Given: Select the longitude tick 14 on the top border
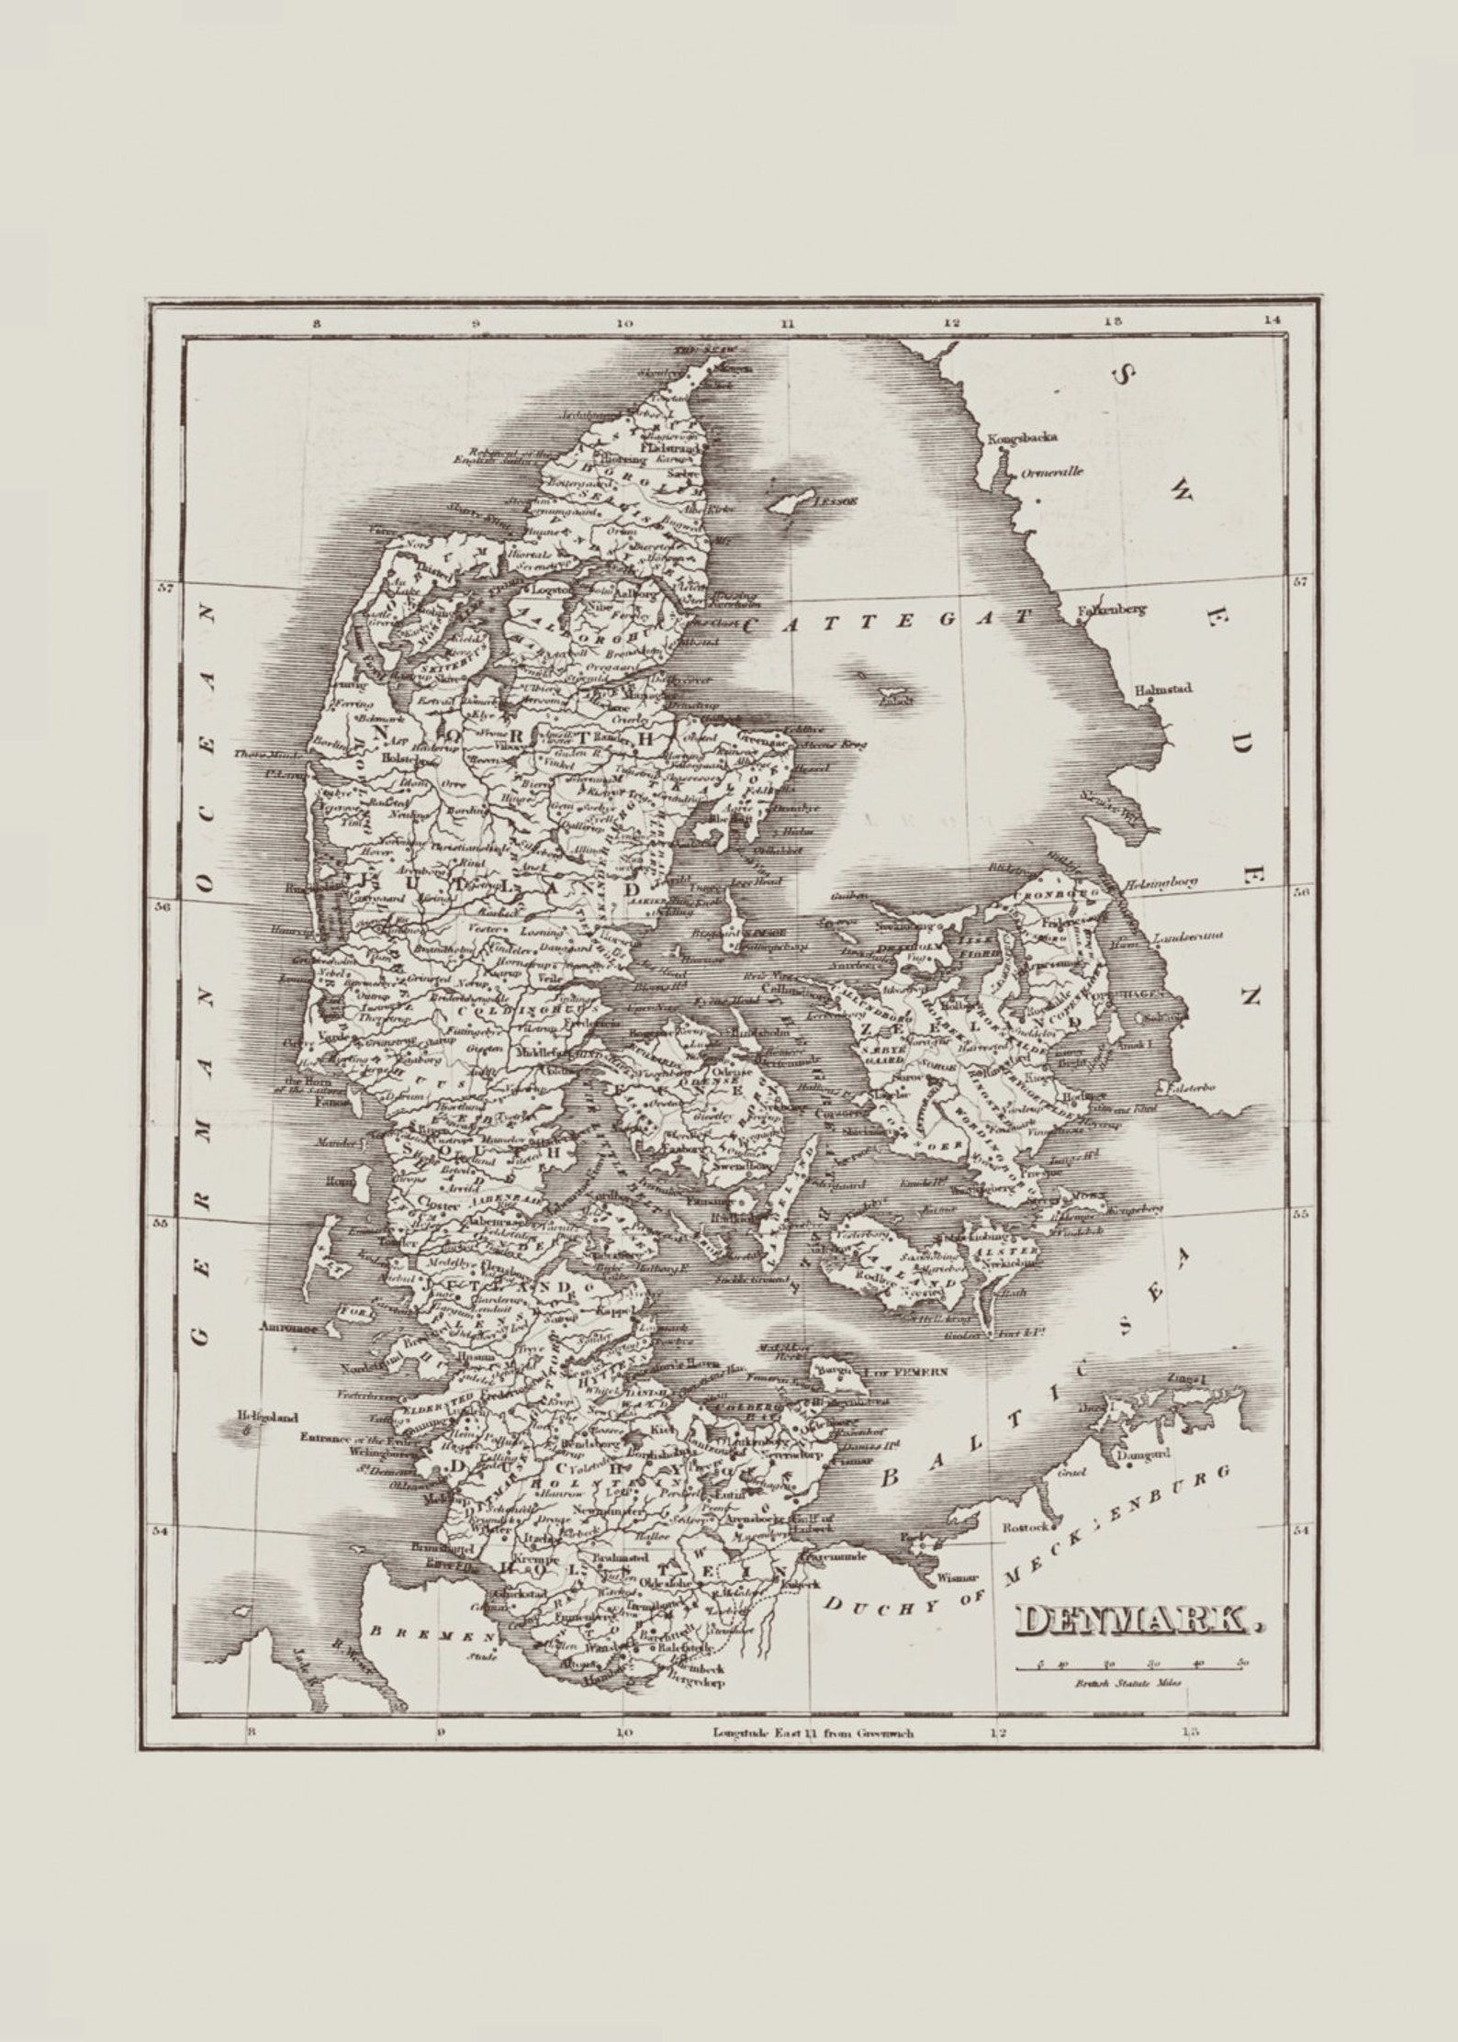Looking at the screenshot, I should pyautogui.click(x=1271, y=321).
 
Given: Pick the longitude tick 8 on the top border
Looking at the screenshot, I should pyautogui.click(x=316, y=323).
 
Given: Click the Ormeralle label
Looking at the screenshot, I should pyautogui.click(x=1052, y=472).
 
